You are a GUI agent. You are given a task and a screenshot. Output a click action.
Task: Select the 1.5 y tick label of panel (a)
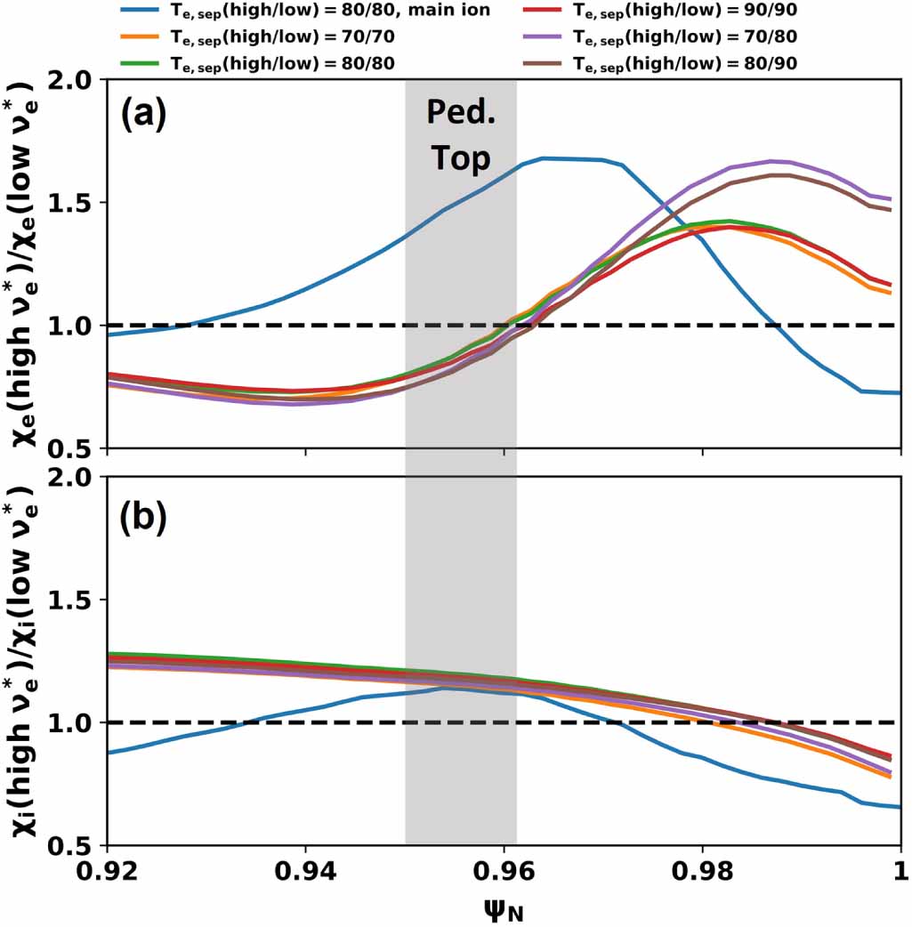(x=74, y=203)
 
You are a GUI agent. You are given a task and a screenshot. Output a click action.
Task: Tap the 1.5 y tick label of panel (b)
(x=74, y=601)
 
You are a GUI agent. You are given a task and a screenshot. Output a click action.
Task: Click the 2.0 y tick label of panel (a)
(x=74, y=80)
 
